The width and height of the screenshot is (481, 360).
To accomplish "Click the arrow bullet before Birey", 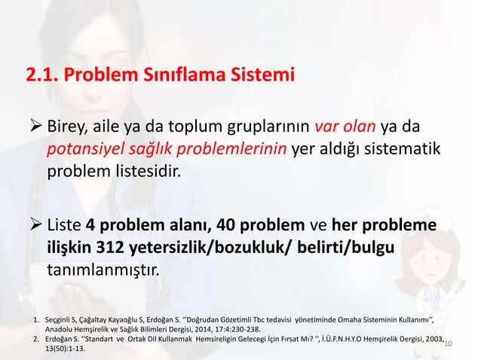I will tap(35, 124).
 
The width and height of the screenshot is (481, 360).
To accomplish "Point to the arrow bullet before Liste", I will tap(35, 227).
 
